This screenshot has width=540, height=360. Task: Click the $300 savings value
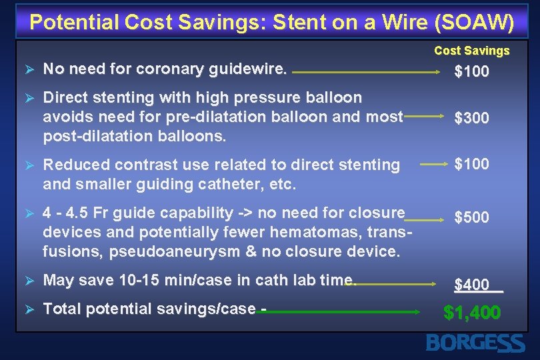471,119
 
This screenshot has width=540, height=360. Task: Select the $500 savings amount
471,217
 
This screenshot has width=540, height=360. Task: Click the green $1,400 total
472,313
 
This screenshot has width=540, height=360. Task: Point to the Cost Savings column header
471,51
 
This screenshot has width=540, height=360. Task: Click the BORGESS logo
475,343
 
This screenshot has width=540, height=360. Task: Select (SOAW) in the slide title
474,23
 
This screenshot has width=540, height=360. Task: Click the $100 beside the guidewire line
471,72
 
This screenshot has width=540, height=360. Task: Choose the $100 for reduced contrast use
471,164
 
